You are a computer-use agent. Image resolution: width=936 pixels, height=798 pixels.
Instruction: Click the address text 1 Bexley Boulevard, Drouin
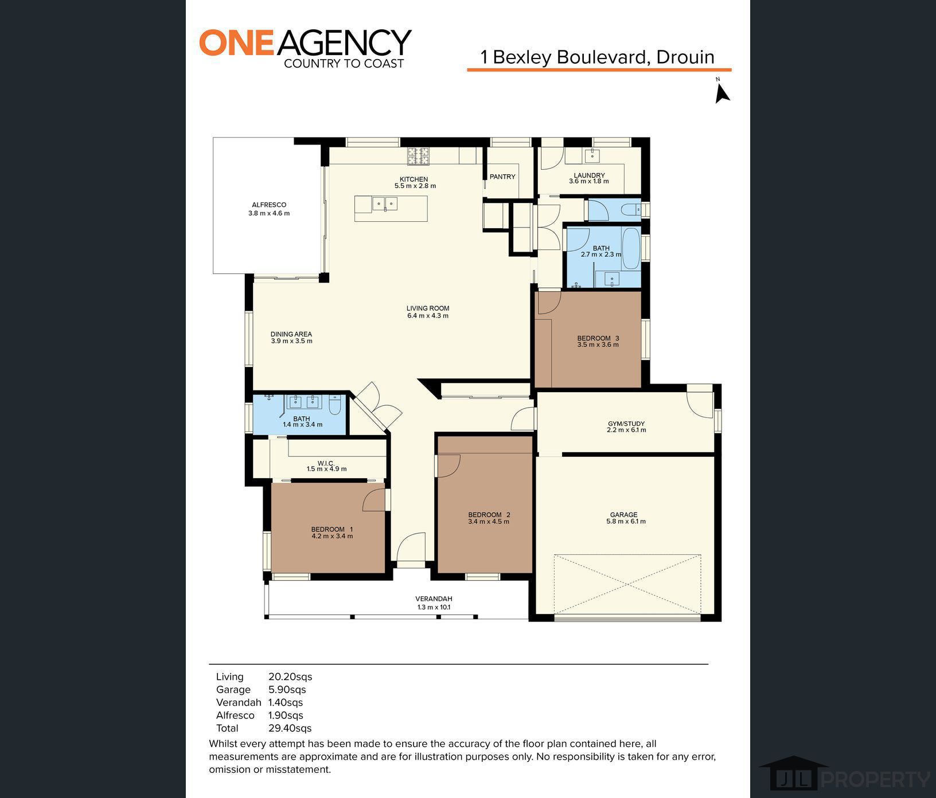pos(598,57)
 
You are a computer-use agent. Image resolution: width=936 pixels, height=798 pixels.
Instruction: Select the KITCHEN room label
pos(414,179)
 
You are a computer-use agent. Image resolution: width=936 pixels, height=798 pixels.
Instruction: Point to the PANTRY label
pos(502,177)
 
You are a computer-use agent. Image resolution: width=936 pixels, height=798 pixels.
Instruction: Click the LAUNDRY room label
pos(589,175)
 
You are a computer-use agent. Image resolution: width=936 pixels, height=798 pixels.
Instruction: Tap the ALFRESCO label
pos(269,205)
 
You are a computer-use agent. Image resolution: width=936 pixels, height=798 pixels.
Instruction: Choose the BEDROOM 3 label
pos(598,338)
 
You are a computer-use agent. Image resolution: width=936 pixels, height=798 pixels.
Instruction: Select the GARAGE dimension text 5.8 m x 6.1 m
pos(626,522)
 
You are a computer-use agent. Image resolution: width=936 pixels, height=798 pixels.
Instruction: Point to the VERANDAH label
pos(434,599)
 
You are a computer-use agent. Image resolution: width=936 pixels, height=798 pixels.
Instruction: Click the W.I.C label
pos(326,463)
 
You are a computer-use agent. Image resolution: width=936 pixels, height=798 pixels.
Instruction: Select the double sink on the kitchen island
pos(384,204)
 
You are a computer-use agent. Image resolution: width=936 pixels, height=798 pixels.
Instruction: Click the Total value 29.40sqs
pos(290,728)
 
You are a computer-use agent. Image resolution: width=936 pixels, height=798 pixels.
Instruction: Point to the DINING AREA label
pos(291,334)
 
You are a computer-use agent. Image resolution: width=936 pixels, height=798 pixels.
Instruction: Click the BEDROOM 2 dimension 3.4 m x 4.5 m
pos(489,522)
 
